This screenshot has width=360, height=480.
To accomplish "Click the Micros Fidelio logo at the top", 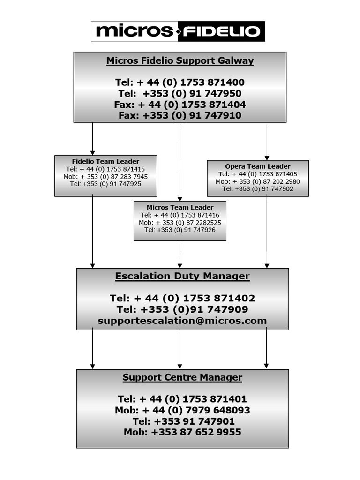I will [178, 31].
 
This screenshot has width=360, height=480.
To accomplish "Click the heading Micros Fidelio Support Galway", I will [180, 60].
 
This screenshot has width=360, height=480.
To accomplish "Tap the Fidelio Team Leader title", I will [105, 162].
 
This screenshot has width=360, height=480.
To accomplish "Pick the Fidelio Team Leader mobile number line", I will [105, 177].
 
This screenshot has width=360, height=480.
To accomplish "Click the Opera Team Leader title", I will [257, 166].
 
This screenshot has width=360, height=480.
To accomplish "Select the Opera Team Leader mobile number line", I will [257, 181].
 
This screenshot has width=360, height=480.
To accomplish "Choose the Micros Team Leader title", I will [180, 207].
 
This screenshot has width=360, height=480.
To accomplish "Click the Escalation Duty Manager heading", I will [182, 276].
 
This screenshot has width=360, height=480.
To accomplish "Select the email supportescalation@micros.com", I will [182, 321].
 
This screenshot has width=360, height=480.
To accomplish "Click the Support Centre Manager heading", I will [182, 377].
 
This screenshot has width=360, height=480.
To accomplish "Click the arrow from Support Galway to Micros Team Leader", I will [180, 162].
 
